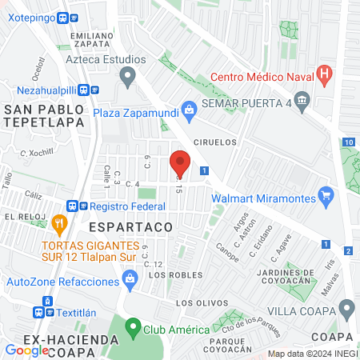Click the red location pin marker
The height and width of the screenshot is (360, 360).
pyautogui.click(x=180, y=164)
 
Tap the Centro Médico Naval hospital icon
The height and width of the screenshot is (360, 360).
pyautogui.click(x=324, y=77)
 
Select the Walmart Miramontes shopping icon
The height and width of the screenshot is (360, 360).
pyautogui.click(x=326, y=194)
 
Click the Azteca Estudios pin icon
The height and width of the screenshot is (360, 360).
pyautogui.click(x=126, y=77)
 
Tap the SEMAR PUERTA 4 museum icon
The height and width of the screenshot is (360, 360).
pyautogui.click(x=302, y=100)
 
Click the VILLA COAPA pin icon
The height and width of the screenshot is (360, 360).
pyautogui.click(x=346, y=308)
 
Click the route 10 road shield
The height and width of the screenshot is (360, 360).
pyautogui.click(x=348, y=142)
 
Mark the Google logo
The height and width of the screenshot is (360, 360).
pyautogui.click(x=27, y=350)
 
